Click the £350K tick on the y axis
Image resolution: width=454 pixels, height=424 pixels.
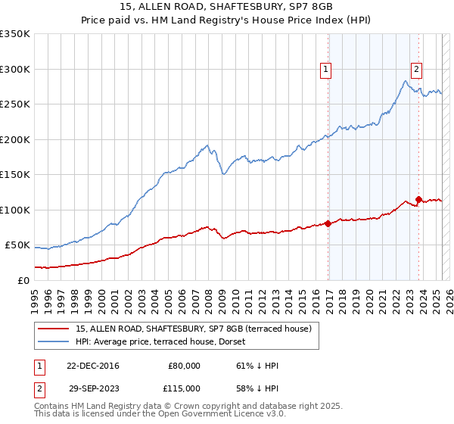pyautogui.click(x=15, y=34)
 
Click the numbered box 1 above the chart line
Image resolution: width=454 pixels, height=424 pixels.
pyautogui.click(x=325, y=69)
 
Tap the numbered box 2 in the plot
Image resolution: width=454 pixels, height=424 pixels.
pyautogui.click(x=416, y=69)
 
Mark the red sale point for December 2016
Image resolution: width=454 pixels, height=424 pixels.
pyautogui.click(x=328, y=223)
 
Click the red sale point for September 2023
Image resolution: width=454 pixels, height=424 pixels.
pyautogui.click(x=418, y=199)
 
